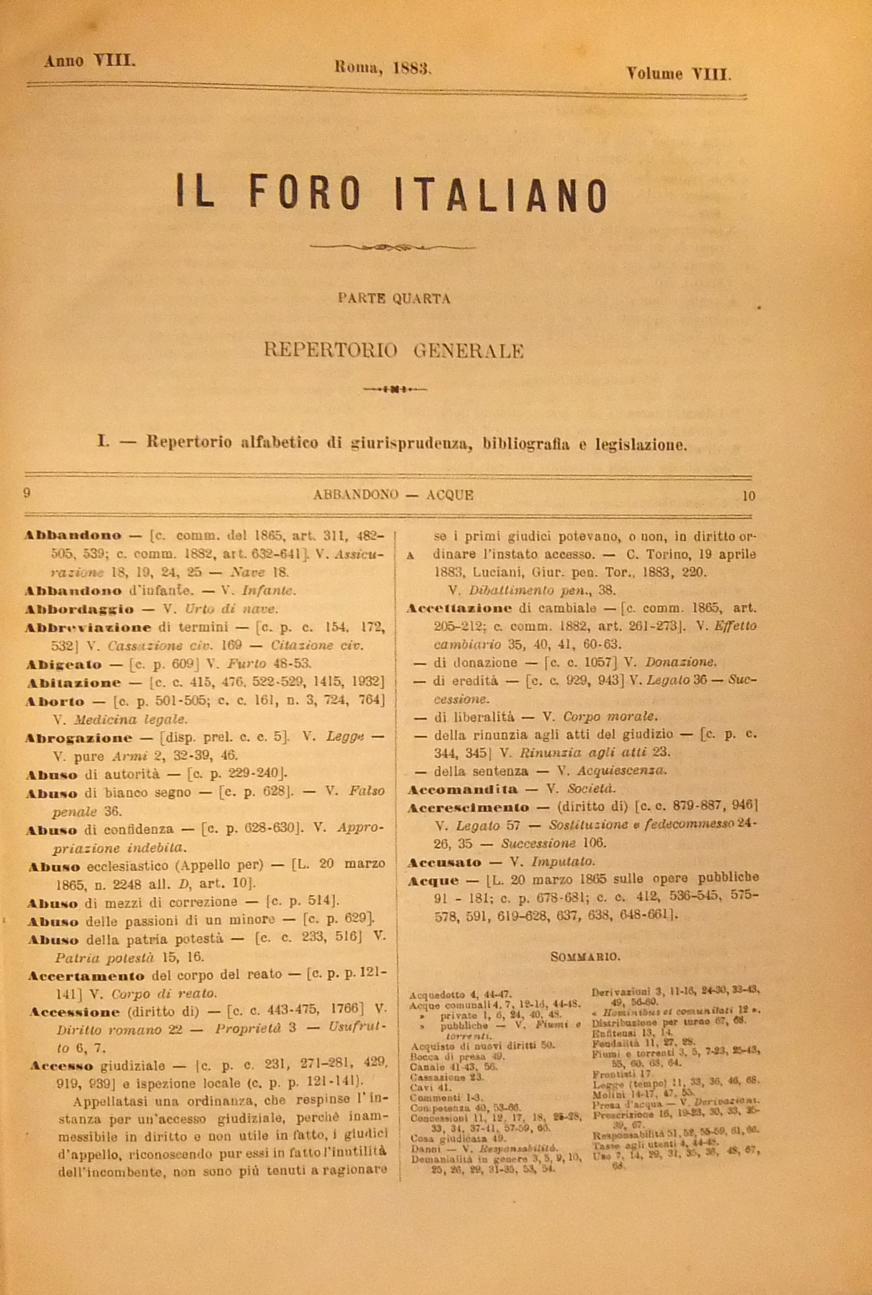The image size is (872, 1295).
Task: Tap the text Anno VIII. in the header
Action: [90, 61]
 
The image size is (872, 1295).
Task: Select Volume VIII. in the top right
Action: [679, 74]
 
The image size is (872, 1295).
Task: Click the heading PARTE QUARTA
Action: [394, 299]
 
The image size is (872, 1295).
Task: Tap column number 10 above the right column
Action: [748, 495]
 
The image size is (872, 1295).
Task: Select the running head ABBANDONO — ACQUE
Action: [393, 495]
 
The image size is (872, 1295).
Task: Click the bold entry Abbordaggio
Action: [79, 610]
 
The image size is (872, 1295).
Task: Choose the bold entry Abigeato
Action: [64, 665]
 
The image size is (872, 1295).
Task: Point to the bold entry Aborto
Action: [54, 701]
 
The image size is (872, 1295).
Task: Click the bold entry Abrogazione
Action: [79, 738]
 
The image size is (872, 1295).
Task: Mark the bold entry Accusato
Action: [444, 863]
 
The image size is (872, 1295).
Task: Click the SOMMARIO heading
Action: [585, 956]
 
